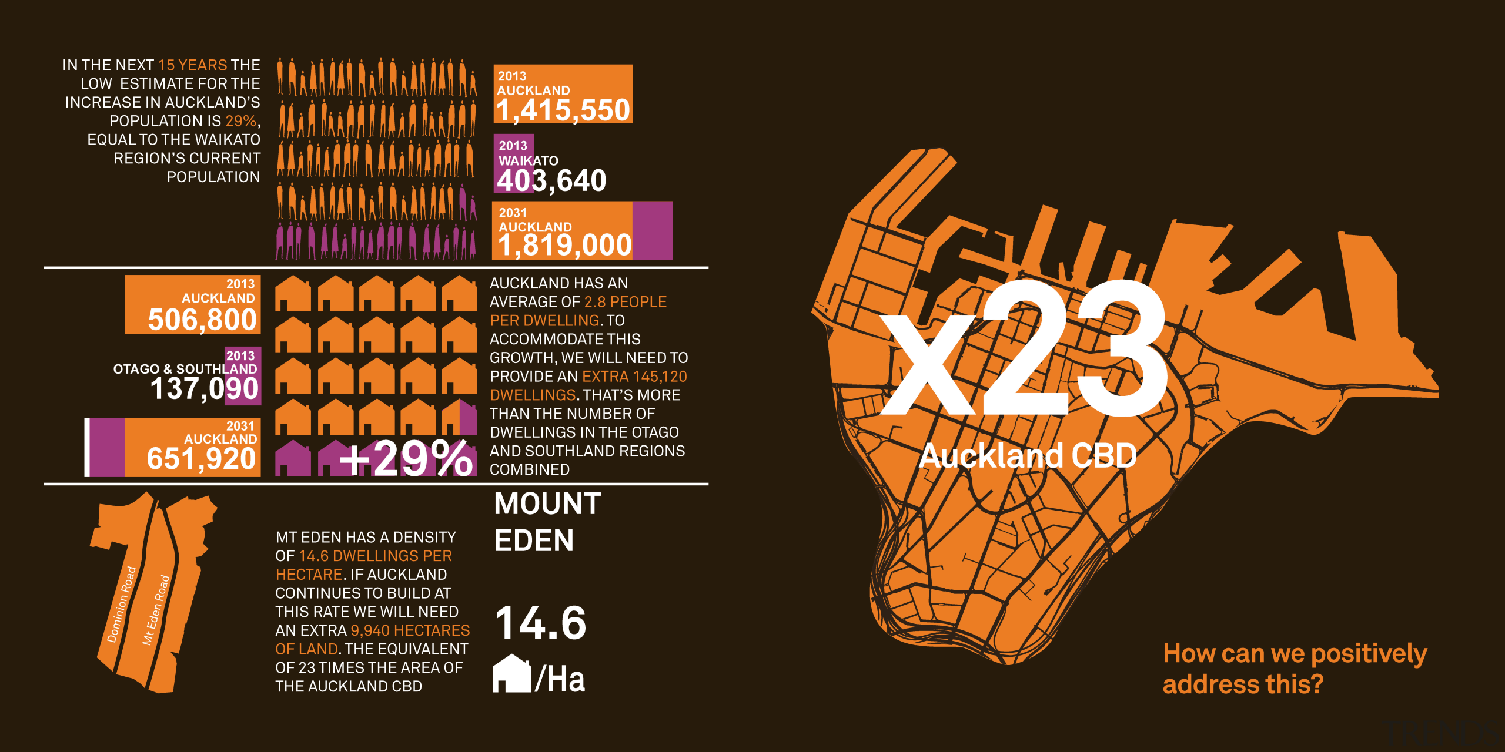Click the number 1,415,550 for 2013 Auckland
563,110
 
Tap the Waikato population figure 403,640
551,180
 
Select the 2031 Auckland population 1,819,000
564,245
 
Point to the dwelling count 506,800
202,320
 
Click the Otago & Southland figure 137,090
204,388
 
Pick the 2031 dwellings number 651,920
201,458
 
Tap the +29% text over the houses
406,458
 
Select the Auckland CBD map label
1028,456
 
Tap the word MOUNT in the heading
547,504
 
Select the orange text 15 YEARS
193,65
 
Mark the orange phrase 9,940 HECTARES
410,630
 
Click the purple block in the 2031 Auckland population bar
653,230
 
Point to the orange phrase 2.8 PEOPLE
625,302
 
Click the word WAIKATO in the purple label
528,160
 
